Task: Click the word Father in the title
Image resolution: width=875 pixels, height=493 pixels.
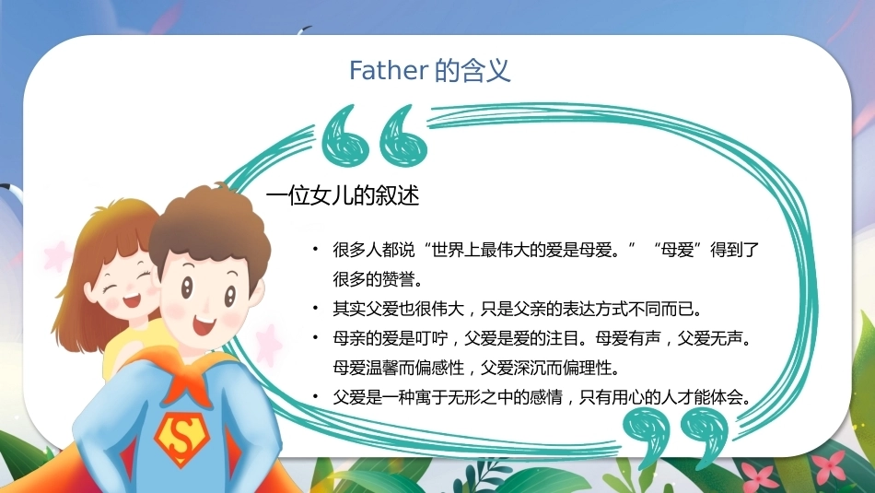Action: pos(389,70)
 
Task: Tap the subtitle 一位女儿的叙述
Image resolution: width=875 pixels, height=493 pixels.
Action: pos(342,195)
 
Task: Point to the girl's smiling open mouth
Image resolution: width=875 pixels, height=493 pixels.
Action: pos(133,299)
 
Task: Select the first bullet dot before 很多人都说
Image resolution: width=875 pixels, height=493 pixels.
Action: pos(316,249)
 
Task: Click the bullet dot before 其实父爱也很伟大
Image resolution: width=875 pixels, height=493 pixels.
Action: pos(316,308)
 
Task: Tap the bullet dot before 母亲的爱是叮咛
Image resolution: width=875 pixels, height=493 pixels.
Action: pos(316,338)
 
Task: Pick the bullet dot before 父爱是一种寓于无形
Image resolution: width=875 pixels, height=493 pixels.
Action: pos(316,397)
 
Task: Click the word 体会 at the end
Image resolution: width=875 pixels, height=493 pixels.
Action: pos(727,397)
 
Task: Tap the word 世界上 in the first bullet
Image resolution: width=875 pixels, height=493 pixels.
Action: pos(456,249)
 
